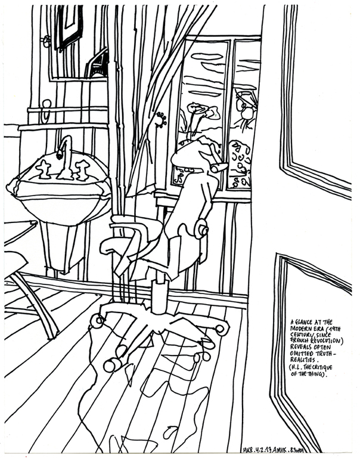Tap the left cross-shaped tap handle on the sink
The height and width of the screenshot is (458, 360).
click(x=44, y=169)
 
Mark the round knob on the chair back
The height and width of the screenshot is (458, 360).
click(x=201, y=228)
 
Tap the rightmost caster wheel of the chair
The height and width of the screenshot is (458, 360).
click(x=222, y=329)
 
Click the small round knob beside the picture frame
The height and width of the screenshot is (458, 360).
click(x=46, y=41)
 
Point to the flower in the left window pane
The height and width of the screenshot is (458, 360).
click(x=197, y=111)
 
